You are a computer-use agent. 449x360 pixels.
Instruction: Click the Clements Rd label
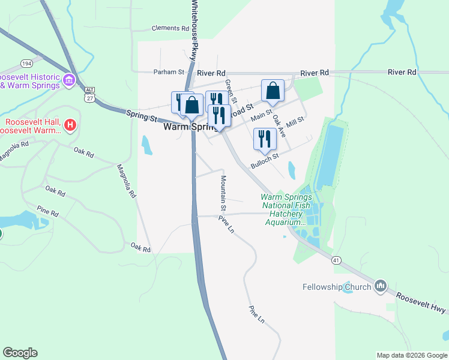(170, 28)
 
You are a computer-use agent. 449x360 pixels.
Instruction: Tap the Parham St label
(168, 72)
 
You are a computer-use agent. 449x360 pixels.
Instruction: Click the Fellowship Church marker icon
(379, 287)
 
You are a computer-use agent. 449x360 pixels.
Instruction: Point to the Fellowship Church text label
(337, 287)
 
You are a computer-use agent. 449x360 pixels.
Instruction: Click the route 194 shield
(26, 63)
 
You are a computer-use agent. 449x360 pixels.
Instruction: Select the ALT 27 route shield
(89, 95)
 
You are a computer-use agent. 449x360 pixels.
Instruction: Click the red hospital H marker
(70, 125)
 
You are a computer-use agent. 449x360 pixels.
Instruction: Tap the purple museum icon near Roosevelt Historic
(68, 80)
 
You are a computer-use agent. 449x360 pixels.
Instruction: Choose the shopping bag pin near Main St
(273, 92)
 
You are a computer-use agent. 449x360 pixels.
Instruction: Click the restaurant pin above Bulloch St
(264, 139)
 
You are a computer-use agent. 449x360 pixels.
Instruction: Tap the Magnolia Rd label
(127, 181)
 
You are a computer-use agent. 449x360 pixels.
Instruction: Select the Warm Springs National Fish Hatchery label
(286, 209)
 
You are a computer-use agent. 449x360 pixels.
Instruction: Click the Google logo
(20, 353)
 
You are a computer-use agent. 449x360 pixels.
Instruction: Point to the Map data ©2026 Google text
(411, 355)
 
